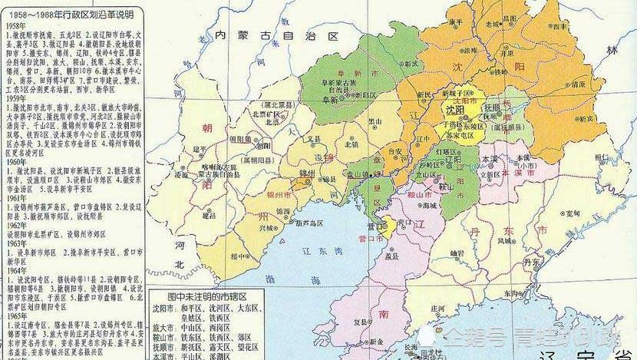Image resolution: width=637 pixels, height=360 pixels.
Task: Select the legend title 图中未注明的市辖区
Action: pyautogui.click(x=202, y=295)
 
